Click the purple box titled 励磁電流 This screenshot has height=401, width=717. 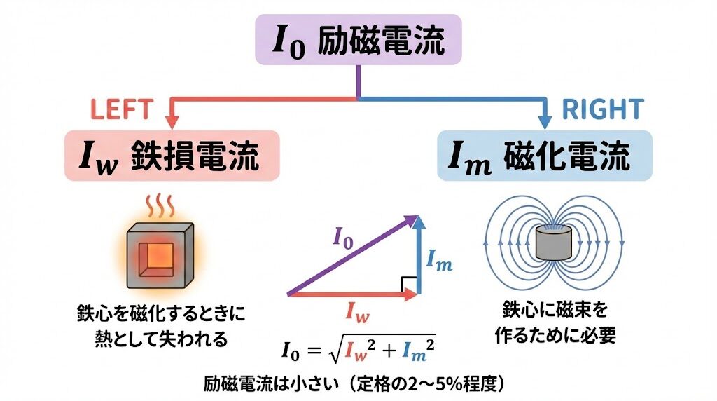[x=358, y=41]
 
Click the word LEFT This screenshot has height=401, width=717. [x=121, y=109]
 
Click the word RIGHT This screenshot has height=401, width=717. [x=602, y=109]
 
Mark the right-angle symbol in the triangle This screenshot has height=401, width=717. [x=410, y=285]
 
